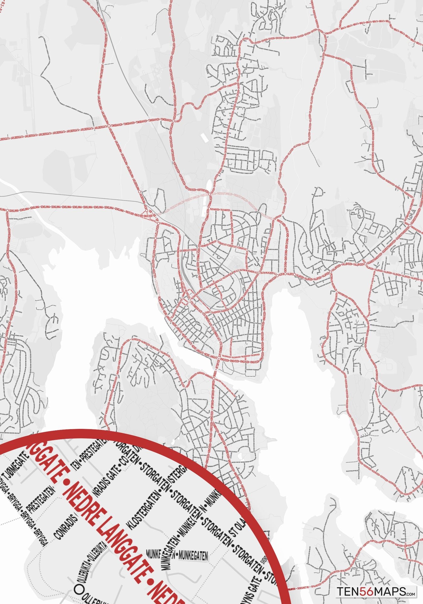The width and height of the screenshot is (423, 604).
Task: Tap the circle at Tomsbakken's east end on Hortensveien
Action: [x=174, y=120]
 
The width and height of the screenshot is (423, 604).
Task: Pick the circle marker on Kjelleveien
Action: [x=155, y=238]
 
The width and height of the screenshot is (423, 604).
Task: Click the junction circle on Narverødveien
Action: [x=377, y=381]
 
